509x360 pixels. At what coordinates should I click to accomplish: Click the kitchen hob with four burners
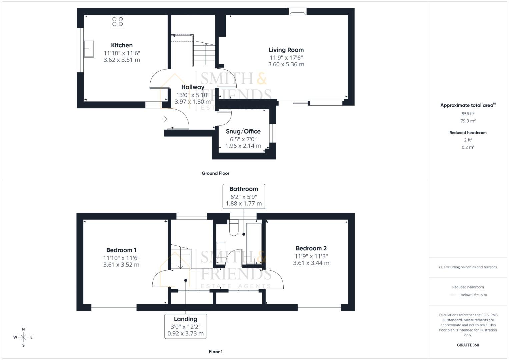tap(118, 22)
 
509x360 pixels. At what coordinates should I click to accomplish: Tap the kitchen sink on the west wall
tap(89, 49)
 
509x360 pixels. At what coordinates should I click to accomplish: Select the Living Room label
tap(286, 50)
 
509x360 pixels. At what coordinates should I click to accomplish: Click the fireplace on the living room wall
tap(297, 12)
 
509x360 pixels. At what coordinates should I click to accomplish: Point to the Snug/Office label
tap(243, 131)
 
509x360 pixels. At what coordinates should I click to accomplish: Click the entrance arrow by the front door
tap(165, 119)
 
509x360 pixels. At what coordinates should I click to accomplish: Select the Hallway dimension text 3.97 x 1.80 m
tap(193, 102)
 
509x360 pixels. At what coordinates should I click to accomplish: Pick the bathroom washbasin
tap(221, 249)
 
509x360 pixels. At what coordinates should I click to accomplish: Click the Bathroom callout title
tap(244, 189)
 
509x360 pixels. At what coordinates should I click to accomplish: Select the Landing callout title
tap(185, 319)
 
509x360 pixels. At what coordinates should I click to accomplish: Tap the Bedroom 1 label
tap(121, 250)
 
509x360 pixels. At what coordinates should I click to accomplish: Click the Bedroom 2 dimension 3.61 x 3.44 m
tap(311, 263)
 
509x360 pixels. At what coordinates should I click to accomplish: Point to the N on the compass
tap(23, 329)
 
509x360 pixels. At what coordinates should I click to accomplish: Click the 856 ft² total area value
tap(468, 114)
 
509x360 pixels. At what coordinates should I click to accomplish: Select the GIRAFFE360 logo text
tap(468, 345)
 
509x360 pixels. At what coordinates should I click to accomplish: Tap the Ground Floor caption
tap(215, 173)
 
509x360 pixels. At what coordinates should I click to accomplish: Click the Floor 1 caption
tap(215, 352)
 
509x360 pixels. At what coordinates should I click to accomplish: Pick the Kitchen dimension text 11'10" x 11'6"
tap(122, 53)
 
